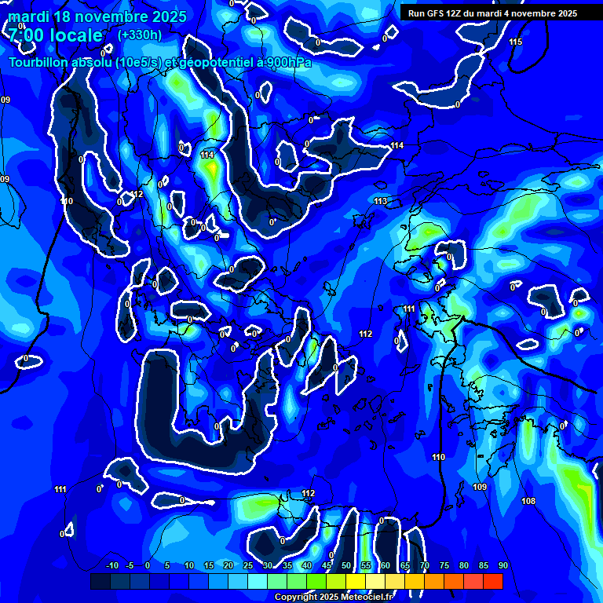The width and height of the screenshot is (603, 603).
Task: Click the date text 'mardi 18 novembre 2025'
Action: (97, 16)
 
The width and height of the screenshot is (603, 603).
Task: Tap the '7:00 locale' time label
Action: (56, 35)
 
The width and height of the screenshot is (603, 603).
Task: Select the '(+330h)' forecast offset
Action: (140, 35)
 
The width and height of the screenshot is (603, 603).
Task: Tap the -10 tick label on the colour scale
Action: (111, 565)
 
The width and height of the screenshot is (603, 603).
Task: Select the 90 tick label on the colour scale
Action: (503, 565)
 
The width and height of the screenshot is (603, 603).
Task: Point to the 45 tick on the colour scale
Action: (326, 565)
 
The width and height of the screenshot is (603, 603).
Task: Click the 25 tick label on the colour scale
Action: (248, 565)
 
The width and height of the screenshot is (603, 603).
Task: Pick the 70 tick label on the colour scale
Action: (425, 565)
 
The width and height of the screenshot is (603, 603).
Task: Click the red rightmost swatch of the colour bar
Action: (492, 581)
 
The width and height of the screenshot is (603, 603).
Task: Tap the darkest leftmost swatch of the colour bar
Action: (100, 581)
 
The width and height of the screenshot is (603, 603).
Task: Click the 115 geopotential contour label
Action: (515, 42)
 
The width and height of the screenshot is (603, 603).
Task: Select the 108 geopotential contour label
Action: (528, 501)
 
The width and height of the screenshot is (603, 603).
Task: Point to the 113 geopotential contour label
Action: (381, 202)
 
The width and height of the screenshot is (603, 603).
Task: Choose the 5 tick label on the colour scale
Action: (167, 565)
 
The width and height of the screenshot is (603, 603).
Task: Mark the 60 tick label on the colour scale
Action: (386, 565)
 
